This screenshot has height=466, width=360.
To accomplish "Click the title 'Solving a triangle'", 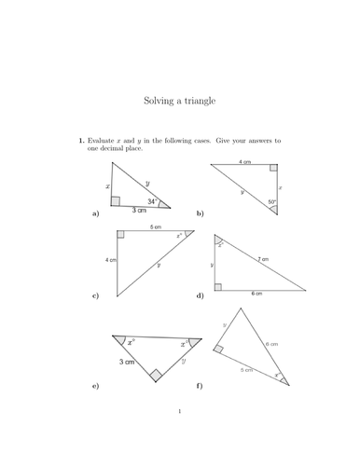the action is tap(179, 99).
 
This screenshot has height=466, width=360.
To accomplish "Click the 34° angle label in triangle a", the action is tap(151, 200).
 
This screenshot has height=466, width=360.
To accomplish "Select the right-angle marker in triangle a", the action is tap(115, 200).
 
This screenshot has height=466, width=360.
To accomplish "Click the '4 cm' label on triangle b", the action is tap(244, 162).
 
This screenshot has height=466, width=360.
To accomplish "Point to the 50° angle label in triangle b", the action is tap(271, 202).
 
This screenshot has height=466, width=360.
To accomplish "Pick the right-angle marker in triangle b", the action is tap(272, 170).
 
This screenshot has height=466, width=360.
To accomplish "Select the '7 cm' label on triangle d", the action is tap(264, 259).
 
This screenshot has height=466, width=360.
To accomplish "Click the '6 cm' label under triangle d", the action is tap(256, 294).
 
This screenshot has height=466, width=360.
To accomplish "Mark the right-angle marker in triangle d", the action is tap(219, 285).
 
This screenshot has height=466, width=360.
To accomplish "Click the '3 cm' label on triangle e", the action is tap(124, 361).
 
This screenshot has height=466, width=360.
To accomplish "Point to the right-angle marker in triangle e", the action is tap(155, 376).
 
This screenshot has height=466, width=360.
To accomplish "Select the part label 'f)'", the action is tap(200, 385).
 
